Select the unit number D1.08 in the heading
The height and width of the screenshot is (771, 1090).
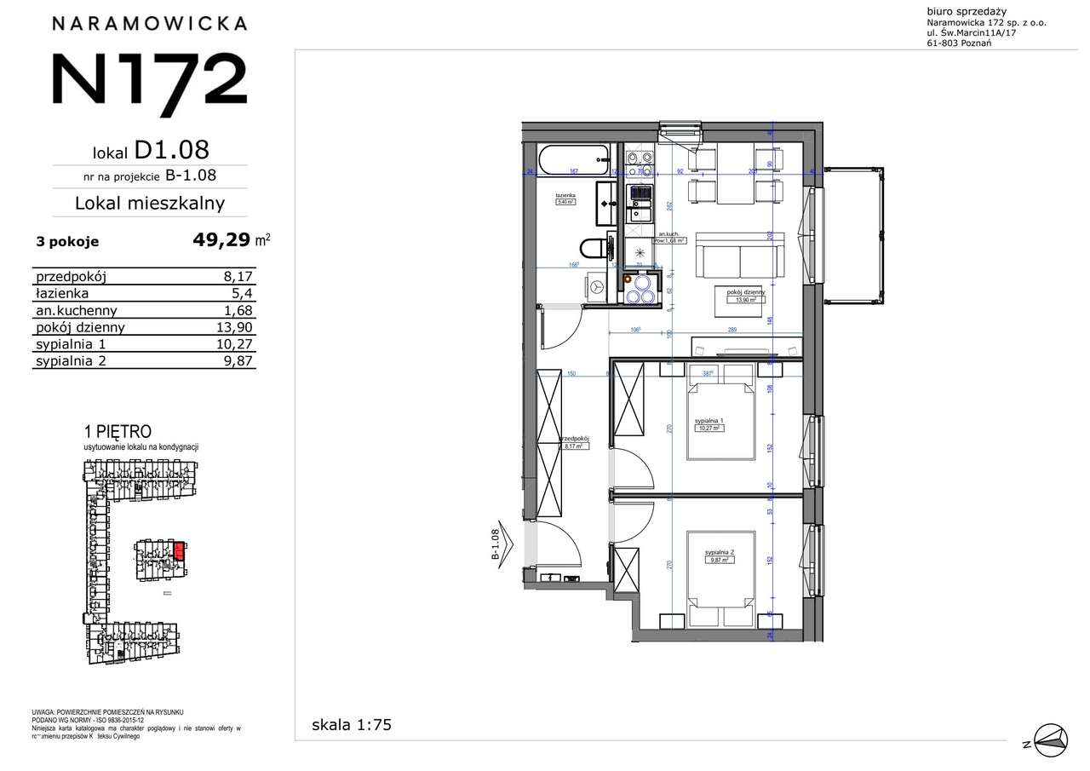[x=171, y=150]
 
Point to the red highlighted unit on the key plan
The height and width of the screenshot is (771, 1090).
[x=180, y=550]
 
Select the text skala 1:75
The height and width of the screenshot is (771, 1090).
[x=352, y=726]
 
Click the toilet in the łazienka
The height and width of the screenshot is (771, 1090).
[x=596, y=248]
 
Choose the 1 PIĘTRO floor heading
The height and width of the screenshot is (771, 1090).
[x=117, y=433]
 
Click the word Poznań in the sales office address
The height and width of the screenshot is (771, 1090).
[x=976, y=43]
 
